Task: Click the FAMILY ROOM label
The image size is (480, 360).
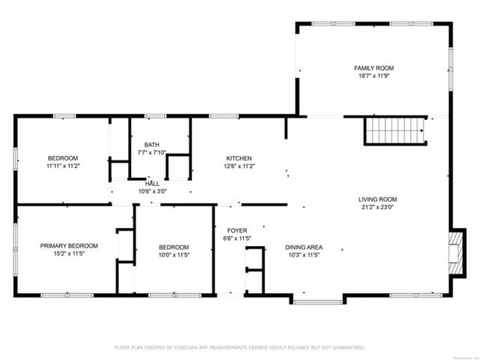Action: (374, 68)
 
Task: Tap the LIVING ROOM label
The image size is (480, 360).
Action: (377, 199)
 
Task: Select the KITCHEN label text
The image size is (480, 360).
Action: (239, 158)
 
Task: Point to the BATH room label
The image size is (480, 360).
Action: (152, 144)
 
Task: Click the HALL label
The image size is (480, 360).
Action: (152, 184)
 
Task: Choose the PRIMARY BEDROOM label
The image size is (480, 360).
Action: (69, 246)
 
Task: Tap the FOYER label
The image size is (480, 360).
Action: (237, 230)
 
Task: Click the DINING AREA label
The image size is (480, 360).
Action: (303, 247)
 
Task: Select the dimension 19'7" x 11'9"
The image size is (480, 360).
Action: (374, 76)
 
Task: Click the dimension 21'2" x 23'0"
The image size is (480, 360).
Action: (377, 207)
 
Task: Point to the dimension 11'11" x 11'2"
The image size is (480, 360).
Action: (63, 165)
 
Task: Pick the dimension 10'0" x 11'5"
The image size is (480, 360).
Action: (173, 254)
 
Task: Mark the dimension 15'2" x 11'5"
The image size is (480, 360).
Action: (69, 253)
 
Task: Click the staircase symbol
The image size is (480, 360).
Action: (394, 130)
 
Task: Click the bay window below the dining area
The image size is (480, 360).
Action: (318, 302)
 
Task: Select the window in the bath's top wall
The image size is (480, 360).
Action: (155, 116)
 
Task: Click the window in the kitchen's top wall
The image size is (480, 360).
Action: (224, 116)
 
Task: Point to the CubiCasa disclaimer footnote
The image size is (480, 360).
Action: (240, 348)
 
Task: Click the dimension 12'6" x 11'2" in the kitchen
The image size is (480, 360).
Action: (239, 166)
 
